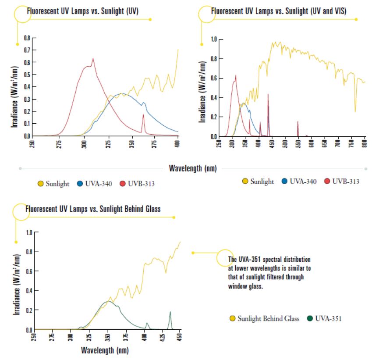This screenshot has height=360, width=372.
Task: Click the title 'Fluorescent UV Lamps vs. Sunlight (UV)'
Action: click(x=82, y=11)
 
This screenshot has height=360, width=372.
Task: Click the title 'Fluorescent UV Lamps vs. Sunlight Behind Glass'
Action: click(x=93, y=209)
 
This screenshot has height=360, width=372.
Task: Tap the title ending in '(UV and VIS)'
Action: click(x=279, y=11)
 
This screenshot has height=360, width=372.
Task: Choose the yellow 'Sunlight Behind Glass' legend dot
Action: click(x=232, y=318)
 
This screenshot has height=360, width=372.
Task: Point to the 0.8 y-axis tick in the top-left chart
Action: click(x=27, y=38)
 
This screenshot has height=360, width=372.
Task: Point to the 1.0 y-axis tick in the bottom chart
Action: click(x=28, y=232)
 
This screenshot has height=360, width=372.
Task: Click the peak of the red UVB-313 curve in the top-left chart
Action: click(x=92, y=58)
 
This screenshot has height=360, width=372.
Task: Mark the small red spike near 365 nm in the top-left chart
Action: click(x=143, y=115)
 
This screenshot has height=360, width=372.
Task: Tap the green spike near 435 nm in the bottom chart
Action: click(x=170, y=312)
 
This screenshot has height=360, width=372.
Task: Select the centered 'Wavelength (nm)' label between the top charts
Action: click(x=192, y=168)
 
